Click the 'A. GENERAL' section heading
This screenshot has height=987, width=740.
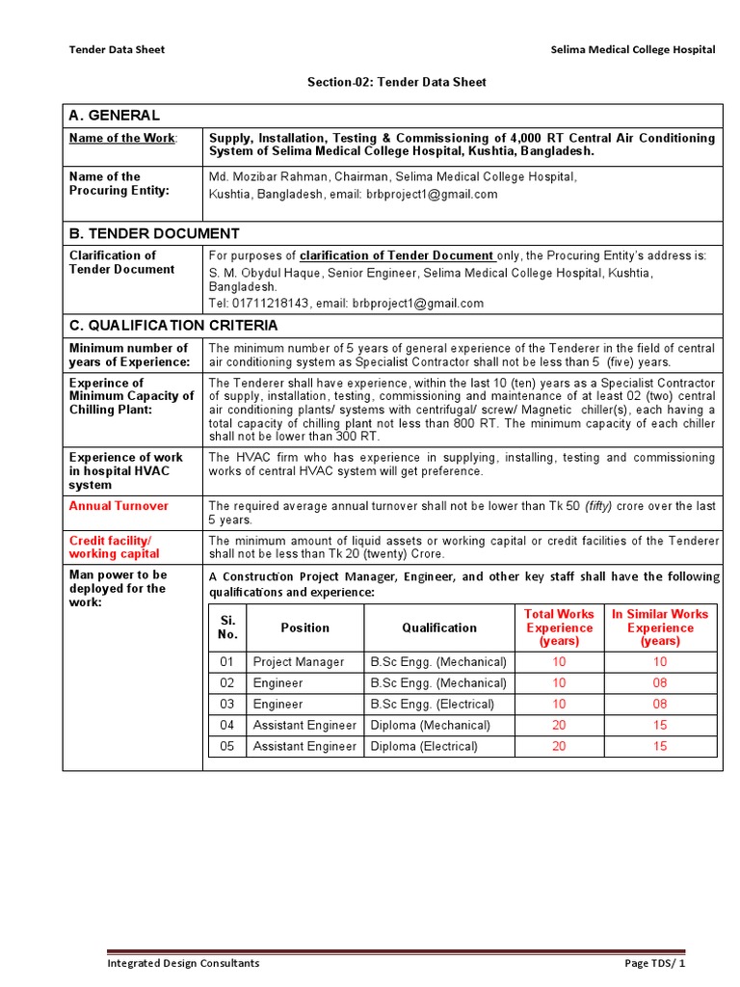point(115,116)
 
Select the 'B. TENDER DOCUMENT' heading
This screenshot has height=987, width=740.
point(154,233)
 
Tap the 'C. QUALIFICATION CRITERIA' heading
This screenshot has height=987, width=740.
point(173,326)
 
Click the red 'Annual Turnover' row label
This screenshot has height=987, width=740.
point(119,506)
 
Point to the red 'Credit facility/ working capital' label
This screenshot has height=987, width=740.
point(115,547)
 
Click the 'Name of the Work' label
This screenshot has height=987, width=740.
point(122,138)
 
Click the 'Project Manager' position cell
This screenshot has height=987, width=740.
point(298,662)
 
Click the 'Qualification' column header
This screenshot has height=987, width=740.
point(439,627)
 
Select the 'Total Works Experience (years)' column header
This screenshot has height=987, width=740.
point(559,627)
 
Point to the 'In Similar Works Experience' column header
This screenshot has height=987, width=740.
point(660,627)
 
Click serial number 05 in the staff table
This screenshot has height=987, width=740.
point(226,747)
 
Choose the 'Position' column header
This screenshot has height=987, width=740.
point(304,627)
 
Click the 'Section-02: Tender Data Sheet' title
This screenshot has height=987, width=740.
point(396,83)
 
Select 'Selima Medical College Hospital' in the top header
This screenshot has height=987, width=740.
point(632,50)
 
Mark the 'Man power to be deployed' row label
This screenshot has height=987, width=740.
point(119,588)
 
